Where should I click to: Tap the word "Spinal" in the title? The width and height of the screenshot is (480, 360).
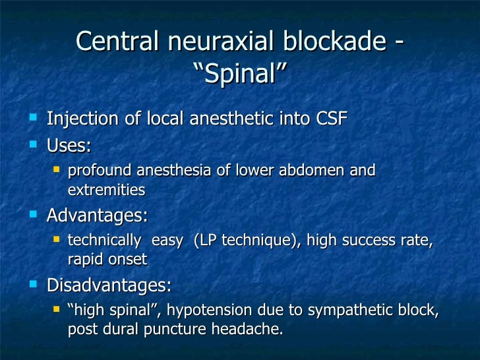tap(240, 73)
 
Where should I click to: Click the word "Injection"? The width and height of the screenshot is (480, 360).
tap(78, 119)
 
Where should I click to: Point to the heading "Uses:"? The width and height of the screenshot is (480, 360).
tap(69, 144)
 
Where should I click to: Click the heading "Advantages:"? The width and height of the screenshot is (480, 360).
tap(97, 216)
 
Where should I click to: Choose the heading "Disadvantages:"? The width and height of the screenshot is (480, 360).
tap(109, 285)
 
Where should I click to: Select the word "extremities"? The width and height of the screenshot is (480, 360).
tap(106, 191)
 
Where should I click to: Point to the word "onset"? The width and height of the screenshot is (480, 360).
tap(129, 260)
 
